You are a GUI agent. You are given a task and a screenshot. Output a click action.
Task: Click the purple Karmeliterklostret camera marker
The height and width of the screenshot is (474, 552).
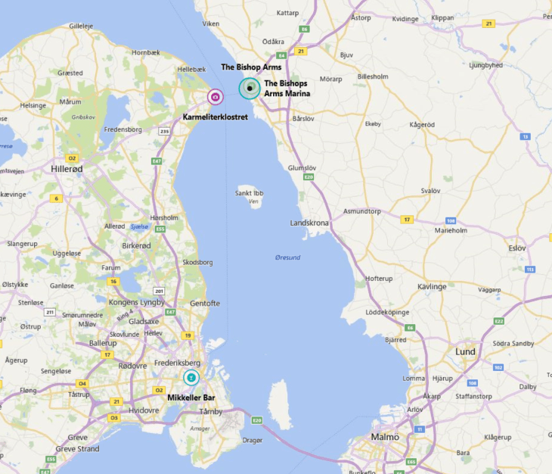[x=215, y=97]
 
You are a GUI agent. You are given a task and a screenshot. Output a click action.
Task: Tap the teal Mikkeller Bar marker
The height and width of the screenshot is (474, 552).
[x=191, y=377]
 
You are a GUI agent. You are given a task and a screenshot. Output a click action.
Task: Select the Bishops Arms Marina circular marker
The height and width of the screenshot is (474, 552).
[x=249, y=89]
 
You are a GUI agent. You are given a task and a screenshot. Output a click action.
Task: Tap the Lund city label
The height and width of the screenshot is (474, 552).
[x=465, y=352]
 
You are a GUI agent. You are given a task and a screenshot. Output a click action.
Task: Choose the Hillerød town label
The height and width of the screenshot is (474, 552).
[x=67, y=169]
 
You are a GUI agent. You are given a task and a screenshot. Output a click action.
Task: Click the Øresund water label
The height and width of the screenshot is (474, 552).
[x=287, y=257]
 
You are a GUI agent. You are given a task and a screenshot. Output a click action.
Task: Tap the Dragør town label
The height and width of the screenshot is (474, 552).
[x=253, y=440]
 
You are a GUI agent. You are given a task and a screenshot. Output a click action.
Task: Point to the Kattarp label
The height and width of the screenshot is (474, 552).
[x=287, y=13]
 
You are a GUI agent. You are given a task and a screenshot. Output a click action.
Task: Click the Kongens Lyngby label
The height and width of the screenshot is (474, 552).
[x=137, y=302]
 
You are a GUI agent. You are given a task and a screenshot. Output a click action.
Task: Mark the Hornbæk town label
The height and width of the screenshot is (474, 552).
[x=147, y=52]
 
